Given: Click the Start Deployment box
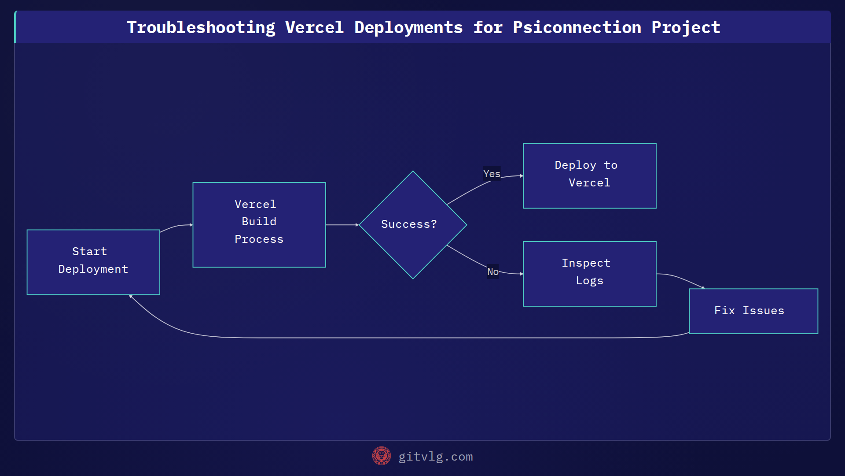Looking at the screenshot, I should (93, 262).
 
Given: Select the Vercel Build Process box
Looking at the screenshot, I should (259, 224).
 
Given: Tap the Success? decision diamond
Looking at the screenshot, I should (412, 224).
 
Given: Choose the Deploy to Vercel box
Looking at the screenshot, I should (589, 175).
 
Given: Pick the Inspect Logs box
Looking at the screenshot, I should (589, 273).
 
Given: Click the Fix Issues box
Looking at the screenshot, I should (753, 311).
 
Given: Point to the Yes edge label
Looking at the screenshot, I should (492, 174).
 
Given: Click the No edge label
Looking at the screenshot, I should (492, 271).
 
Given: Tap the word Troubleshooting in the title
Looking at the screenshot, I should (201, 27).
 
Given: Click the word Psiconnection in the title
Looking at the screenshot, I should (577, 27).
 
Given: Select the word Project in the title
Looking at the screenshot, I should (686, 27).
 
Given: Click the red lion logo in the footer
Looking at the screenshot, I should (381, 456).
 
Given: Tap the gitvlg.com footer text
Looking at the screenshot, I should (435, 457).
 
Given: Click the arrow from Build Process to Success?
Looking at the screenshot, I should (342, 225).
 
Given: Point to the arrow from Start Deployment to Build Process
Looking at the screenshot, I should (176, 226).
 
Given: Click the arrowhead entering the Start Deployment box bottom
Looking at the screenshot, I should (131, 297).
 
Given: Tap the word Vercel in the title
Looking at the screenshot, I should (314, 27).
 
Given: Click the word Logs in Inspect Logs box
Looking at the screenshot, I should (589, 281).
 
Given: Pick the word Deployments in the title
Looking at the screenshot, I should (408, 27).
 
